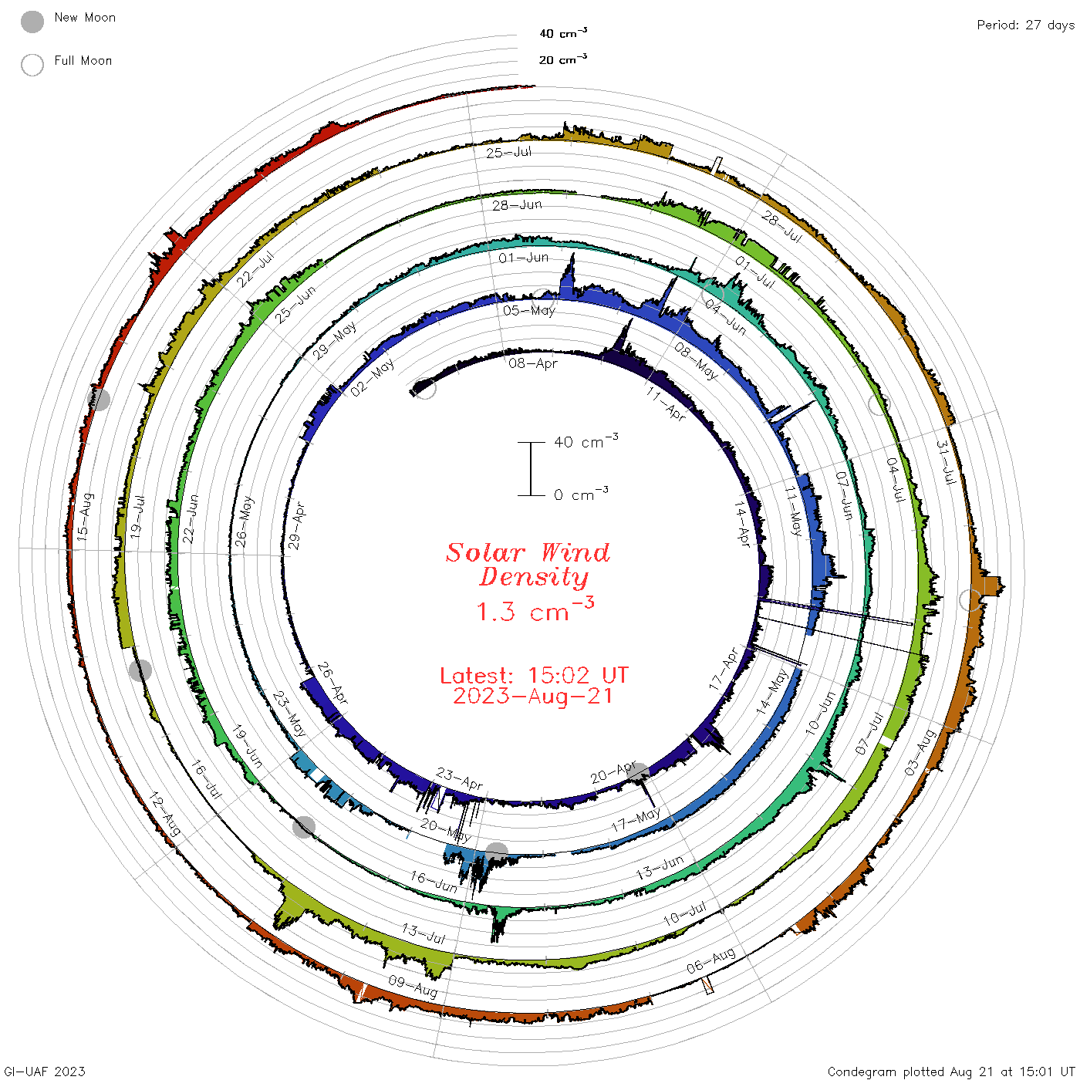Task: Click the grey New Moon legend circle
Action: click(32, 22)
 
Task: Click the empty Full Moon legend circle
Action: click(32, 65)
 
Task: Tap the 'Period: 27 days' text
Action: click(1025, 25)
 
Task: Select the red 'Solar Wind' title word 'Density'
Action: click(533, 577)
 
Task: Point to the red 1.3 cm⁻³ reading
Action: click(535, 609)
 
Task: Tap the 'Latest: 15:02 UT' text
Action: click(534, 675)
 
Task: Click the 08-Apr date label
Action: click(533, 363)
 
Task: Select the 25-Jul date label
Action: click(508, 152)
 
